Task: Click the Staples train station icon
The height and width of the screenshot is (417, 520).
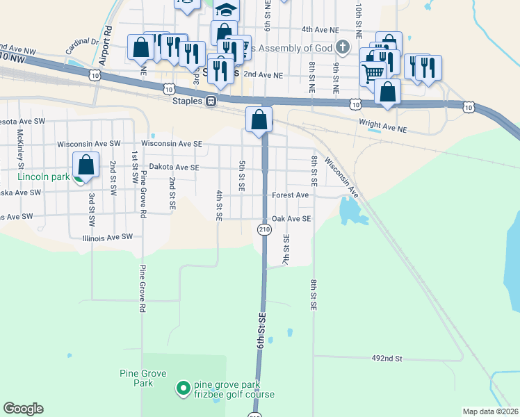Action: [210, 101]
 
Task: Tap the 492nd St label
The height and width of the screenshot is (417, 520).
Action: [388, 359]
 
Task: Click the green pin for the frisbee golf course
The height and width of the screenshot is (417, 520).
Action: [184, 388]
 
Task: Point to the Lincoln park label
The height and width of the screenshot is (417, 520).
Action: [43, 177]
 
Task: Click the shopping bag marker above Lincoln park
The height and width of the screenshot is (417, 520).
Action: [86, 165]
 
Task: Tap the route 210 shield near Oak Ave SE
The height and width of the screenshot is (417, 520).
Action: [264, 229]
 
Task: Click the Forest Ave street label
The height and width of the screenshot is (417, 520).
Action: [290, 195]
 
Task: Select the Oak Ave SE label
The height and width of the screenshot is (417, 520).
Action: [291, 218]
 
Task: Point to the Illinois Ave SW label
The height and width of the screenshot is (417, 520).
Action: [107, 237]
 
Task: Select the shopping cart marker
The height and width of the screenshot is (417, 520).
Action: [374, 72]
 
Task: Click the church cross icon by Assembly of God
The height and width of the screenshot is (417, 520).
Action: [341, 48]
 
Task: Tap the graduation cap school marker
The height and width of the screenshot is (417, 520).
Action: [225, 10]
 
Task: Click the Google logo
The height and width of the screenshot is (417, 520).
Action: [23, 409]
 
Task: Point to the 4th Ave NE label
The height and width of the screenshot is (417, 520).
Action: [320, 30]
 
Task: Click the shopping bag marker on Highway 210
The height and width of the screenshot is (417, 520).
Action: [259, 119]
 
